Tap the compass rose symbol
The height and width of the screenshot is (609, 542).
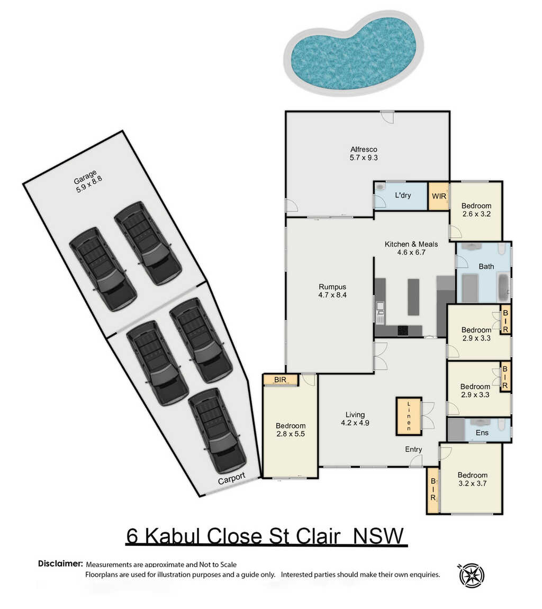click(x=471, y=575)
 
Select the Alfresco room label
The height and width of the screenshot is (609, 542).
click(x=364, y=149)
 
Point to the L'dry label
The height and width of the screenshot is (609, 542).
click(x=403, y=195)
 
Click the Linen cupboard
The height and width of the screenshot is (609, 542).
click(x=409, y=416)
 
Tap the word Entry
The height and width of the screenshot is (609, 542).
click(x=413, y=450)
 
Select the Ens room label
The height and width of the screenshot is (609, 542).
click(x=482, y=433)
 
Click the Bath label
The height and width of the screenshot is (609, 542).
click(x=486, y=266)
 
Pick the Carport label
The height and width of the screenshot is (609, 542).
click(x=231, y=479)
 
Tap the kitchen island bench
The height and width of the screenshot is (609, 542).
click(x=413, y=297)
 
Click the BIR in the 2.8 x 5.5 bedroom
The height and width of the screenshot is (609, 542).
click(x=281, y=380)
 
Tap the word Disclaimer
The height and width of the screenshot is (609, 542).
click(x=60, y=563)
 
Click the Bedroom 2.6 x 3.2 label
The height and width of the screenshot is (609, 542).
click(x=476, y=210)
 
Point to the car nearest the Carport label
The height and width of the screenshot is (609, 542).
click(x=217, y=431)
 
